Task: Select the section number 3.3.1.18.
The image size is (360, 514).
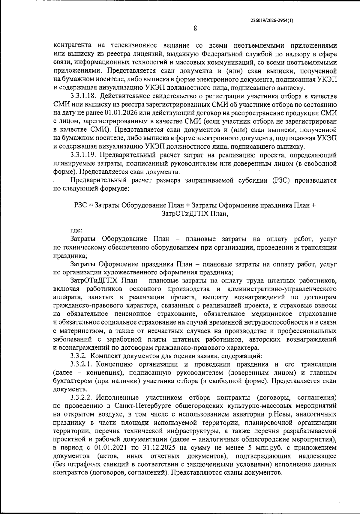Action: point(83,96)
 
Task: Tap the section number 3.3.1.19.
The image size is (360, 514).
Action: point(83,155)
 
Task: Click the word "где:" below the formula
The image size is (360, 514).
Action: point(76,231)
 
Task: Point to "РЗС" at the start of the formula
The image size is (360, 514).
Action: point(80,205)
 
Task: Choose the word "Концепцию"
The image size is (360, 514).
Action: point(114,364)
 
